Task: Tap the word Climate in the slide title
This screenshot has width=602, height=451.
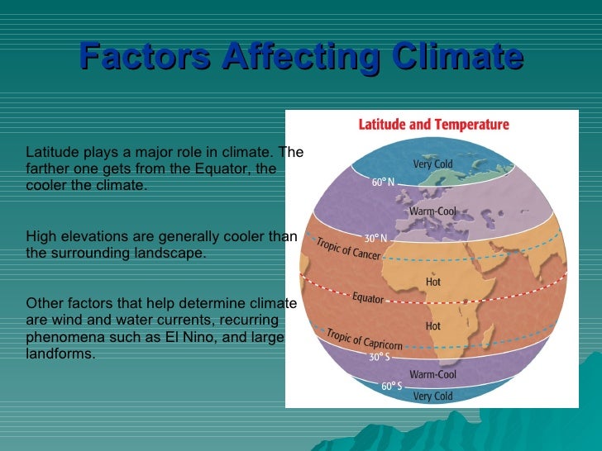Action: [451, 56]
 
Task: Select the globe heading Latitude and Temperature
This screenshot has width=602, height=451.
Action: [433, 125]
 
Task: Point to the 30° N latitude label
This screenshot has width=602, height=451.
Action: [376, 238]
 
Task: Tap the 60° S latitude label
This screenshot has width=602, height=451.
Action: [391, 387]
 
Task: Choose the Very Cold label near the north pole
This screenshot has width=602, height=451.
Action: [432, 164]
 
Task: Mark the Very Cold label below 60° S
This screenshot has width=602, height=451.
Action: [432, 396]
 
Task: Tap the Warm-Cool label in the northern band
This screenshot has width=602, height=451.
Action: [432, 211]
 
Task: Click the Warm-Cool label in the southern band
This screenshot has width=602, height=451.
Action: [434, 374]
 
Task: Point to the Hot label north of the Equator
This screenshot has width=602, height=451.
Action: [432, 282]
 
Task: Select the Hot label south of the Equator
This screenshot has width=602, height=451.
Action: [432, 326]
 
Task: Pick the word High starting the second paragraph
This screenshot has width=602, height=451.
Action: [41, 236]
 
